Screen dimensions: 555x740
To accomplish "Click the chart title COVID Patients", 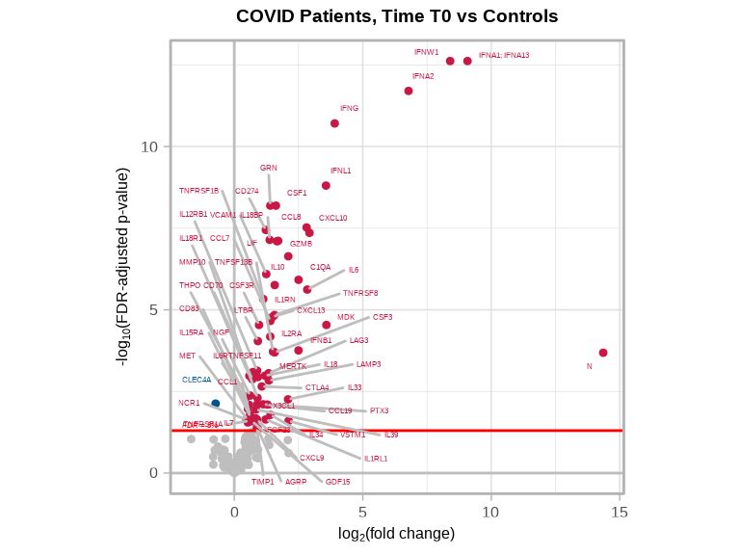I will pos(397,16).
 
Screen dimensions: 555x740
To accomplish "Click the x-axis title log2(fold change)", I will pos(396,533).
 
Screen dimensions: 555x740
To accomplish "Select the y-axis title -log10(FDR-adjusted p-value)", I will pos(123,266).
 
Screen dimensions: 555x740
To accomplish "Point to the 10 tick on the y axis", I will pos(150,146).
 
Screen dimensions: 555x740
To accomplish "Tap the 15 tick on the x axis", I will pos(619,512).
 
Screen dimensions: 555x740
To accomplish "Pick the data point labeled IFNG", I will pos(334,123).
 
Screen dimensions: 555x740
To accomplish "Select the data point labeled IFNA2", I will pos(409,91).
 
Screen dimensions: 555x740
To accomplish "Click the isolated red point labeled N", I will pos(603,353).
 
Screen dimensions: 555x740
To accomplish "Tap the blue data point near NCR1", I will pos(216,403).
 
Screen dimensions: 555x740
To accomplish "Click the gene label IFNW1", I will pos(427,52).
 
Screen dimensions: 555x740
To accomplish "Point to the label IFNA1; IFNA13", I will pos(504,55).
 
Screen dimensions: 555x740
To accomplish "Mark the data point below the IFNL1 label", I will pos(326,185).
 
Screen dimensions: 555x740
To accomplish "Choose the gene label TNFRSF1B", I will pos(198,191).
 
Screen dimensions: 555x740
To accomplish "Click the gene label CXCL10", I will pos(332,218).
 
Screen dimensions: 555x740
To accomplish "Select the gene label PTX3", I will pos(379,410).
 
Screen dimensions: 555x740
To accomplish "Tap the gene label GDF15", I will pos(337,482).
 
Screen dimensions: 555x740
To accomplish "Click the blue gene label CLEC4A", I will pos(197,380).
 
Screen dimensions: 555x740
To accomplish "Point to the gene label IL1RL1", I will pos(376,459).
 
